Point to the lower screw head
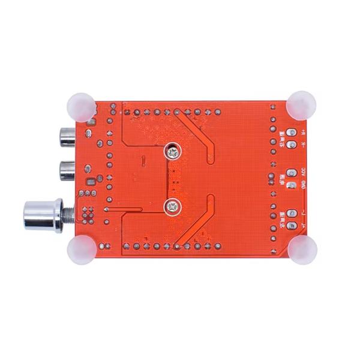tap(173, 207)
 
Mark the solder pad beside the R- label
tap(292, 145)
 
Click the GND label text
tap(303, 185)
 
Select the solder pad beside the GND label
tap(292, 185)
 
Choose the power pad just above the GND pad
tap(292, 173)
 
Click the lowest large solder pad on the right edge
tap(292, 226)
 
